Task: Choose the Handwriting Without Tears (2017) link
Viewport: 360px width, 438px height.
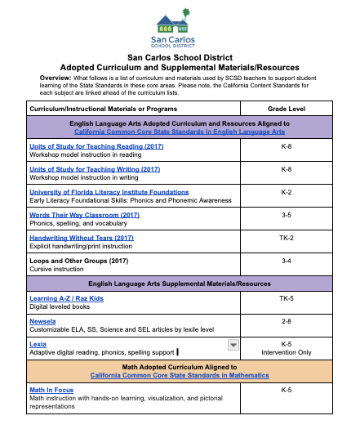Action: [x=81, y=238]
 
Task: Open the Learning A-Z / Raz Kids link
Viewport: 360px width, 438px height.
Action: [x=71, y=299]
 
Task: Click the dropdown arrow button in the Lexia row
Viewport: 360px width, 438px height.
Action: [x=233, y=345]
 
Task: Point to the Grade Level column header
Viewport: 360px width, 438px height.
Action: [x=287, y=108]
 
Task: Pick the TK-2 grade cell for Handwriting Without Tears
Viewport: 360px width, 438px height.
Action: [x=287, y=238]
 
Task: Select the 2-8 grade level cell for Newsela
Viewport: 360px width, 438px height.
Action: [x=287, y=322]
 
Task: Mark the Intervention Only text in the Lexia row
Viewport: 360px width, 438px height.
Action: [x=287, y=353]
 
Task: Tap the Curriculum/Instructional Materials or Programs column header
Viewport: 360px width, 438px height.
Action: [x=109, y=108]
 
